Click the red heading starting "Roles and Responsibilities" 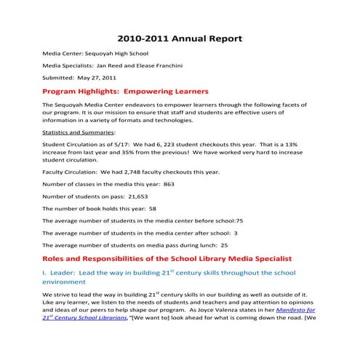[x=167, y=258]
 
